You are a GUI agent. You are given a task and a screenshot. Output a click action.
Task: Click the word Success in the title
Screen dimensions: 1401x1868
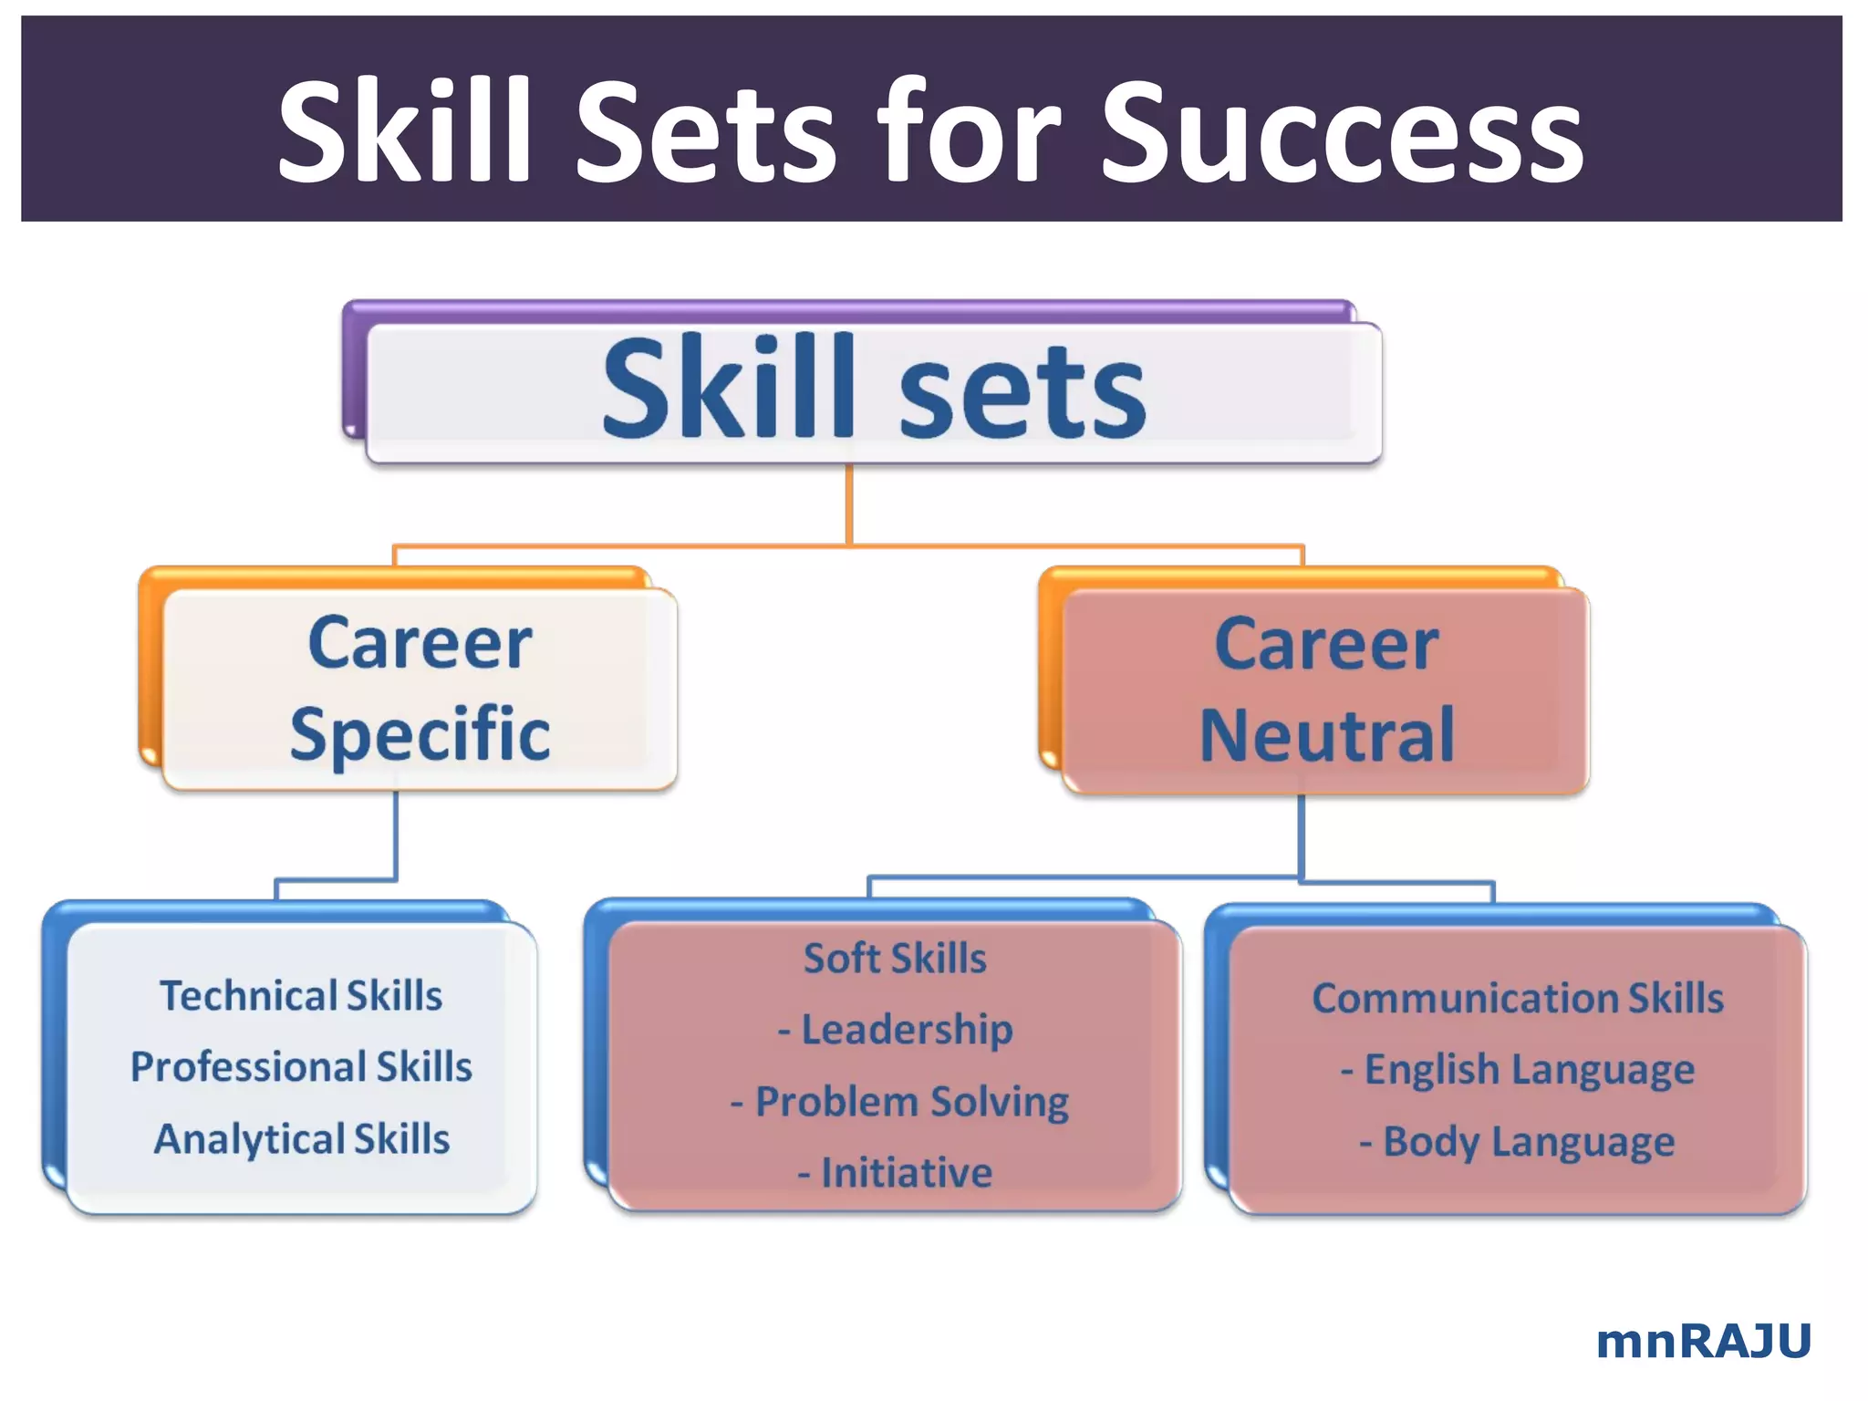coord(1342,132)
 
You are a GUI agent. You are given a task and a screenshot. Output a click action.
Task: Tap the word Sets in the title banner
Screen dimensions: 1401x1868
coord(705,132)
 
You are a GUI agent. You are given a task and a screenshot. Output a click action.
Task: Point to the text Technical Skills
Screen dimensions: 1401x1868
coord(301,995)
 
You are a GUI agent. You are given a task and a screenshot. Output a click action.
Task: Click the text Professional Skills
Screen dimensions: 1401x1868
coord(301,1066)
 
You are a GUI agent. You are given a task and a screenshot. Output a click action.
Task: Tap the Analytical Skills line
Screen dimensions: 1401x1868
coord(301,1139)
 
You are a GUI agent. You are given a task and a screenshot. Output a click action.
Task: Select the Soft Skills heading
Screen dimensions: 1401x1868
coord(895,958)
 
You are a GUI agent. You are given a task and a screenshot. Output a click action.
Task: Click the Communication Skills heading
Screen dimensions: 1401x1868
coord(1517,998)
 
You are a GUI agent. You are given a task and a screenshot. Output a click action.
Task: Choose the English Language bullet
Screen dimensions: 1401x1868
coord(1518,1070)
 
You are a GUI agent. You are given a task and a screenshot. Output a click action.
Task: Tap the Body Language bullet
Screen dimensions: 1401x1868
coord(1517,1142)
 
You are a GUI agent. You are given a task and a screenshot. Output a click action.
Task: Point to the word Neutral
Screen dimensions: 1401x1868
coord(1326,735)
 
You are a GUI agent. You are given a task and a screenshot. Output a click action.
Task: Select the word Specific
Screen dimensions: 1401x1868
coord(420,734)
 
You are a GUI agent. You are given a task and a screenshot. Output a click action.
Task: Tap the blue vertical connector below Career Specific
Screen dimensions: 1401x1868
coord(396,835)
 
